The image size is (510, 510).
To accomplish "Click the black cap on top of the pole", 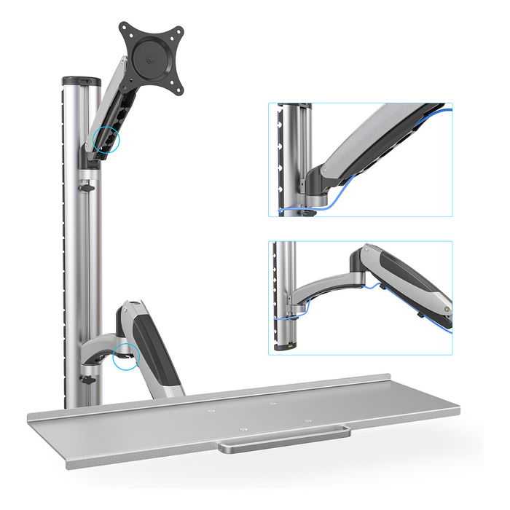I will tap(81, 81).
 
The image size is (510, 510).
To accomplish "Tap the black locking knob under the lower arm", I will tap(88, 380).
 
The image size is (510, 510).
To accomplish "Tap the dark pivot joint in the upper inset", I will tap(315, 178).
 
